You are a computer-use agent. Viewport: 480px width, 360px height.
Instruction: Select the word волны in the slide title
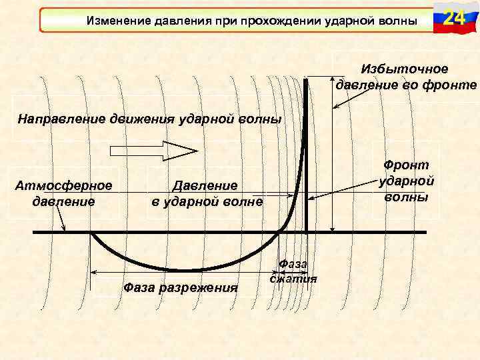[399, 21]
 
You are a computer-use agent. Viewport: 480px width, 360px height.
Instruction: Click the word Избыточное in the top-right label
[405, 69]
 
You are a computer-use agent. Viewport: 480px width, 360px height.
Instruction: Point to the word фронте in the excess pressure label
[455, 85]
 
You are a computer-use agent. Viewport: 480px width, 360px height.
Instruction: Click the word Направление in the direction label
[59, 120]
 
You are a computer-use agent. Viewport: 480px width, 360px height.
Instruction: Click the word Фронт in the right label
[406, 165]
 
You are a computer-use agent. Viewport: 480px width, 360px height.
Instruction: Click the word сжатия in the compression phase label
[293, 279]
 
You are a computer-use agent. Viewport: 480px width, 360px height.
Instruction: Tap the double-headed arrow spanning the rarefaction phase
[180, 273]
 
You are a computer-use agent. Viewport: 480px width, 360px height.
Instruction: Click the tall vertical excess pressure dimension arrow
[331, 160]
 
